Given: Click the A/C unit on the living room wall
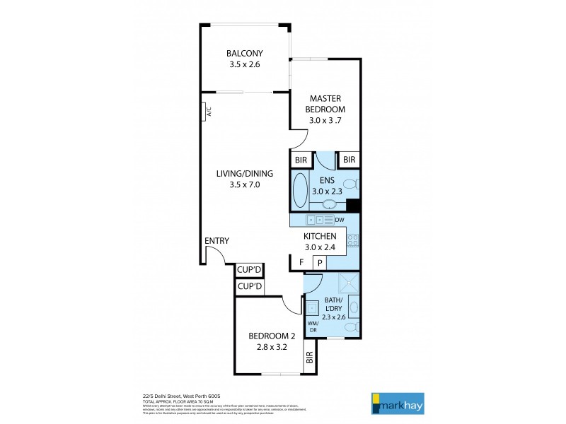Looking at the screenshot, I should point(204,111).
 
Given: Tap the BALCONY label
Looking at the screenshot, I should point(245,54).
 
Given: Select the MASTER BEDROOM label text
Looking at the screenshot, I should point(325,104).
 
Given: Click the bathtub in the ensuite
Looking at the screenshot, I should point(300,189).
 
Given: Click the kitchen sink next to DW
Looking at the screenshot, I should point(316,220).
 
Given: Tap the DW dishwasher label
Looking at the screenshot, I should point(340,220).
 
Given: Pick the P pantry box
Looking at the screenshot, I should point(319,263).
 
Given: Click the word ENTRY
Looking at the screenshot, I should point(216,241).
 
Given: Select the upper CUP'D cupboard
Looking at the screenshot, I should point(249,270).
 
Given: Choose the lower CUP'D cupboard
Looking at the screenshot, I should point(249,287).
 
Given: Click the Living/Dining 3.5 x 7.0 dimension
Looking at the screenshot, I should point(245,184).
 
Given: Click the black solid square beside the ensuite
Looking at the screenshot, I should point(353,205).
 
